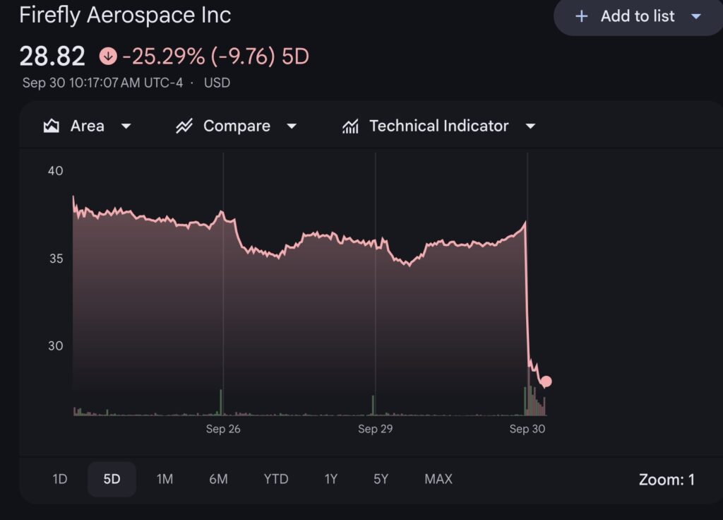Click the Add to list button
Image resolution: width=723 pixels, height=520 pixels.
637,16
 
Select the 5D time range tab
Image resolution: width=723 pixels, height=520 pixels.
112,479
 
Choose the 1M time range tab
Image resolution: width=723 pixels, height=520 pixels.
165,479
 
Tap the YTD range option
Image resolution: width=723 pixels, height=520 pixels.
276,479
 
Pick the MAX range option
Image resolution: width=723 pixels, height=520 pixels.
438,479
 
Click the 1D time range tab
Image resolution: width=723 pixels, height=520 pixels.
60,479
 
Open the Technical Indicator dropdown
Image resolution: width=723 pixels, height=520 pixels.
438,126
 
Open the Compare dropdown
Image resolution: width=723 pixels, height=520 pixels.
237,126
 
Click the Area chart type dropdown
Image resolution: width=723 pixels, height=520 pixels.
87,126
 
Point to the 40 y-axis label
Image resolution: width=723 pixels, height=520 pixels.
55,170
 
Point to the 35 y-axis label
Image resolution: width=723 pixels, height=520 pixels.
55,258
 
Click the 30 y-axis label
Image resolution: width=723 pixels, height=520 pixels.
55,345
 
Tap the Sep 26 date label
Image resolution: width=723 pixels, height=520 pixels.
223,429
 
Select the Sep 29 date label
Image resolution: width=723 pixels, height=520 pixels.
375,429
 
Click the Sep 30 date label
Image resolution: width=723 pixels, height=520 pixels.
527,429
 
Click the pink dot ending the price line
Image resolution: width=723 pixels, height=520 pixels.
546,382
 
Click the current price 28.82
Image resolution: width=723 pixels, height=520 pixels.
52,56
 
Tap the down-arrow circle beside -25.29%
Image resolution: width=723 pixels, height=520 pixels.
108,56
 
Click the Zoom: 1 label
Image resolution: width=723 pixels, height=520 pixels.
667,480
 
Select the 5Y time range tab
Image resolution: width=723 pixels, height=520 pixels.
381,479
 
